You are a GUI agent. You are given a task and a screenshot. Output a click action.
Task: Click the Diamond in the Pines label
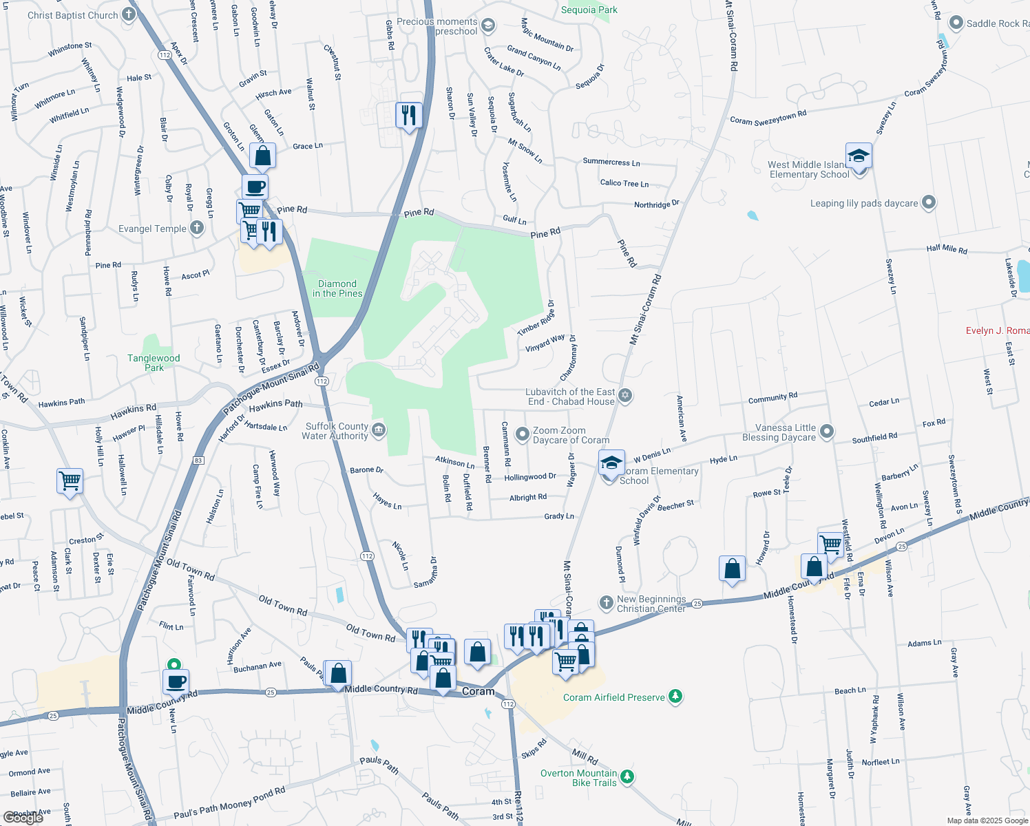pyautogui.click(x=337, y=288)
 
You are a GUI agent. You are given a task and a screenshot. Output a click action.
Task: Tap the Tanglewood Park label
pyautogui.click(x=154, y=363)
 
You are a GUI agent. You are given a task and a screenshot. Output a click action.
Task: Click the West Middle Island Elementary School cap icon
pyautogui.click(x=859, y=156)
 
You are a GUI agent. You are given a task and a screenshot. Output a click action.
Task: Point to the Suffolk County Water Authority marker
pyautogui.click(x=379, y=431)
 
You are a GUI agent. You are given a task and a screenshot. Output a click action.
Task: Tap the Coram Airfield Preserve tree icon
pyautogui.click(x=676, y=697)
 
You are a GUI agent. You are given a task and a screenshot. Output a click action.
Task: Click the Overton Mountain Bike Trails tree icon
pyautogui.click(x=627, y=777)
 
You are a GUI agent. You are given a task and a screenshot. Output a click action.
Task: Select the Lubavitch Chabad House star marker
pyautogui.click(x=625, y=396)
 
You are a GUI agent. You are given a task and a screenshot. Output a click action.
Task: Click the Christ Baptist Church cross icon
pyautogui.click(x=128, y=14)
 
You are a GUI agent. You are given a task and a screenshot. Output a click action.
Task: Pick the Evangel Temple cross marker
pyautogui.click(x=197, y=228)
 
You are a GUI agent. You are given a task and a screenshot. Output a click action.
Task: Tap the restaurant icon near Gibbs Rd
pyautogui.click(x=409, y=114)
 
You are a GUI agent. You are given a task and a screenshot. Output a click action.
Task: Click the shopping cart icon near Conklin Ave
pyautogui.click(x=70, y=480)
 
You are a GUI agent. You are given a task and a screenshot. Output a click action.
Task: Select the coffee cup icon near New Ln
pyautogui.click(x=176, y=681)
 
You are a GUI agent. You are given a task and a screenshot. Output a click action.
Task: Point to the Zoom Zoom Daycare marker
pyautogui.click(x=523, y=434)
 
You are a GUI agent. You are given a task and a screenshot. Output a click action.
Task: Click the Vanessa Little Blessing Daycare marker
pyautogui.click(x=827, y=432)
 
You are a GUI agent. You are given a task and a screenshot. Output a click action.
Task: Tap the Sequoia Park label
pyautogui.click(x=589, y=10)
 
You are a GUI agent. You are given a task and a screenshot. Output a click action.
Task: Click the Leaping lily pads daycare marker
pyautogui.click(x=929, y=202)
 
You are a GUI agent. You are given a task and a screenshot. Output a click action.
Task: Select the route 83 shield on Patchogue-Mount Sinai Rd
pyautogui.click(x=198, y=460)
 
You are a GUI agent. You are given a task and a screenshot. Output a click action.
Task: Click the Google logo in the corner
pyautogui.click(x=23, y=817)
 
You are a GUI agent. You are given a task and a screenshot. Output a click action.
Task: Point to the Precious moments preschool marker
pyautogui.click(x=488, y=26)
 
